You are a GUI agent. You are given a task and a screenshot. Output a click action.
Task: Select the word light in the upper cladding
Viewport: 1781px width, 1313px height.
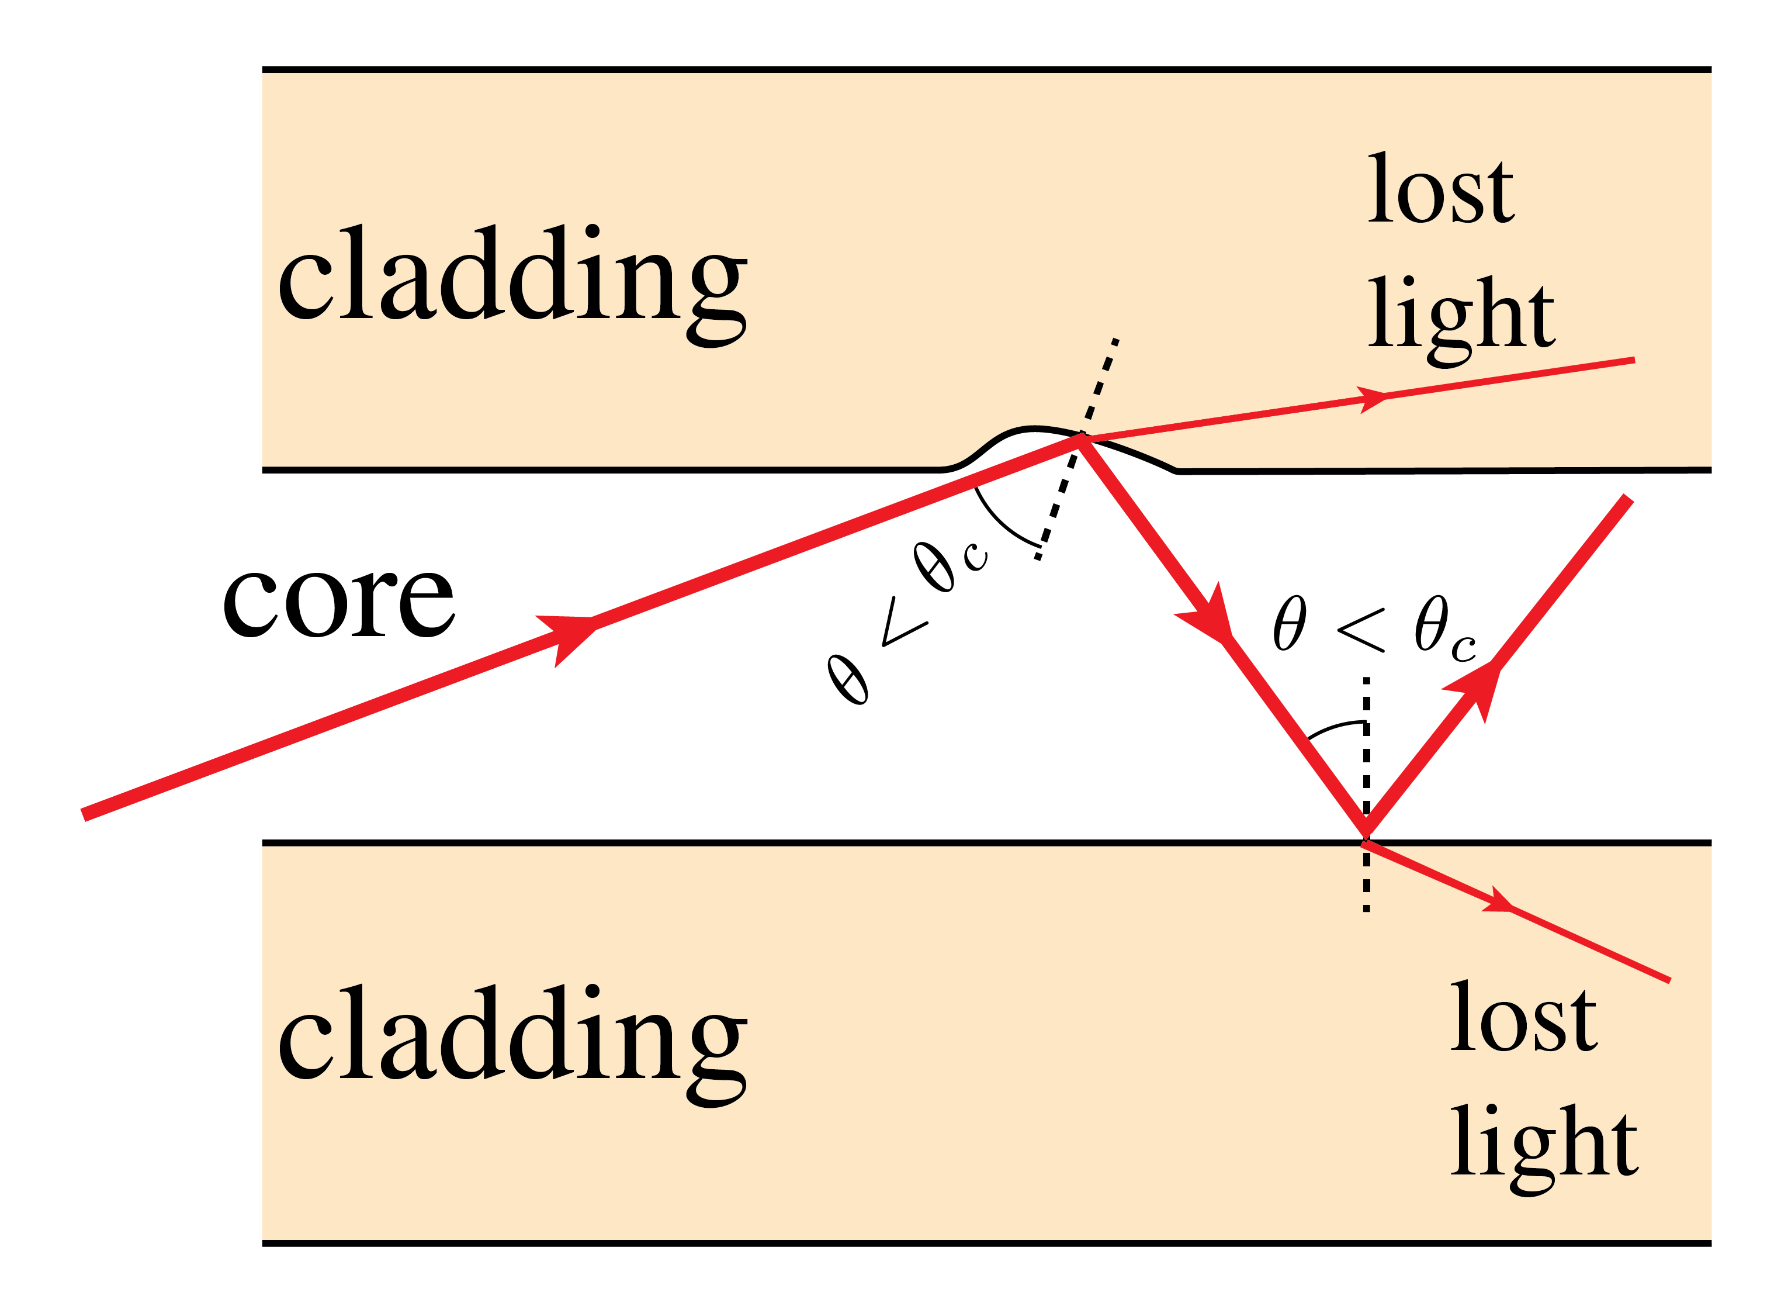[x=1460, y=316]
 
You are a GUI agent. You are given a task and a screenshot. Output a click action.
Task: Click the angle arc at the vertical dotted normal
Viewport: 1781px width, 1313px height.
[x=1335, y=727]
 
